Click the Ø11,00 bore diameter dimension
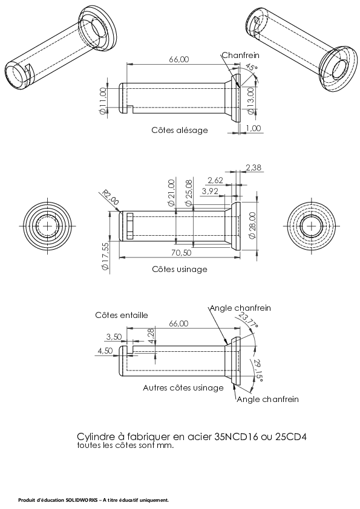point(103,101)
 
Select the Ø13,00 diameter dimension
point(250,101)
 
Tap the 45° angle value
point(251,68)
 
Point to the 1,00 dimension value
point(253,128)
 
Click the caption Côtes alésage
point(180,130)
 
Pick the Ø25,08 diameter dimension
point(189,193)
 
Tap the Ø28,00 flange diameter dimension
point(252,225)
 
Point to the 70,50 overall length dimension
point(181,253)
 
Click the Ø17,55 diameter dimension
point(105,256)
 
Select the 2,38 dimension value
point(254,167)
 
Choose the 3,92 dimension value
point(210,191)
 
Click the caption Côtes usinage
point(180,269)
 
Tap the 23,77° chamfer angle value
point(249,321)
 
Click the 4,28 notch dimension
point(151,336)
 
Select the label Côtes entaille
point(122,315)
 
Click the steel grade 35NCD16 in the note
point(236,436)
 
